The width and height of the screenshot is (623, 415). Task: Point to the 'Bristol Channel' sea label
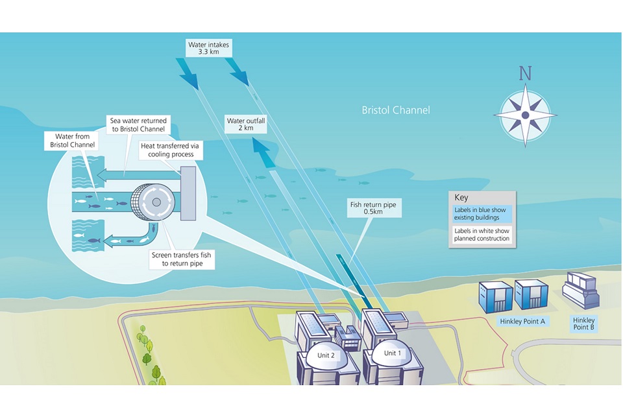pos(395,110)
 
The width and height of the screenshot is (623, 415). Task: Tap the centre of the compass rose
pos(525,115)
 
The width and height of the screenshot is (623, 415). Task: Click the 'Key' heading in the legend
pos(461,198)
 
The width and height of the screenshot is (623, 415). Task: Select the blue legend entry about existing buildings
pos(482,214)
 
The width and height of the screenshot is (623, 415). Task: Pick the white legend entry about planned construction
pos(482,235)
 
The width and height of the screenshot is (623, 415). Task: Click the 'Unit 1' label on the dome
pos(393,353)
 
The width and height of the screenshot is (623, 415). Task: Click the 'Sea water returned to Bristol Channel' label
pos(138,124)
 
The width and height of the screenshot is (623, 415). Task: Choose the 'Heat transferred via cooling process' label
pos(172,150)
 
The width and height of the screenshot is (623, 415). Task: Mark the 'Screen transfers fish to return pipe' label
pos(181,259)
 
